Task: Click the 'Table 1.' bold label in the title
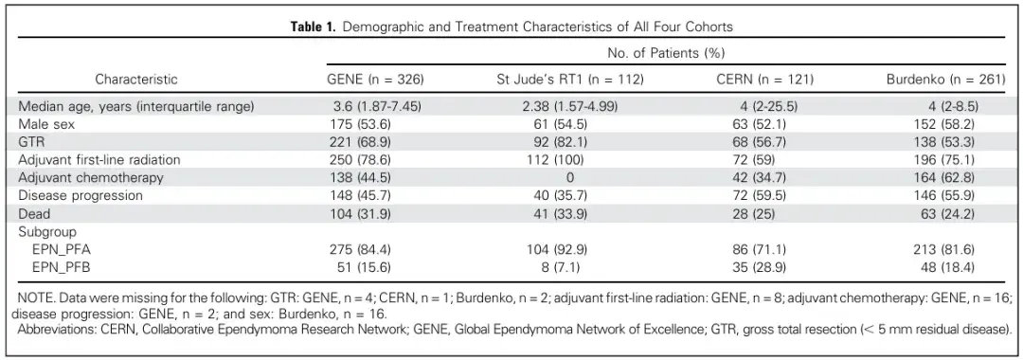[314, 27]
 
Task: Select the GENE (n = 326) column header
[375, 79]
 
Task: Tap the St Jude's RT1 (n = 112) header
[570, 79]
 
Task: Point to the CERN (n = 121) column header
[765, 79]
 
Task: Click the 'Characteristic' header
[136, 79]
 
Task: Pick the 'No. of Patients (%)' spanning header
[666, 52]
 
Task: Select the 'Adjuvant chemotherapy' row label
[91, 177]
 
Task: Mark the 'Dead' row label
[34, 213]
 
